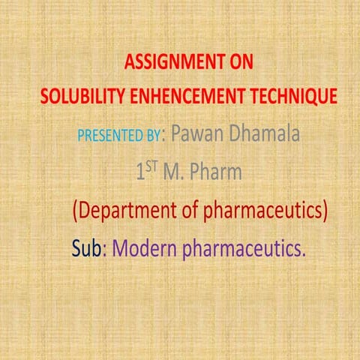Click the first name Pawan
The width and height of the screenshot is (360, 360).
tap(196, 135)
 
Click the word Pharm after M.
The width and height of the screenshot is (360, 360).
tap(217, 172)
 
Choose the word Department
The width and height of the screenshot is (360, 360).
tap(136, 211)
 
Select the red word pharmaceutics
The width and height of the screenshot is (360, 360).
tap(262, 211)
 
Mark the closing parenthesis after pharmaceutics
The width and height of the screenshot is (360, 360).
tap(325, 211)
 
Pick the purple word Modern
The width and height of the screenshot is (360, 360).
tap(144, 247)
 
